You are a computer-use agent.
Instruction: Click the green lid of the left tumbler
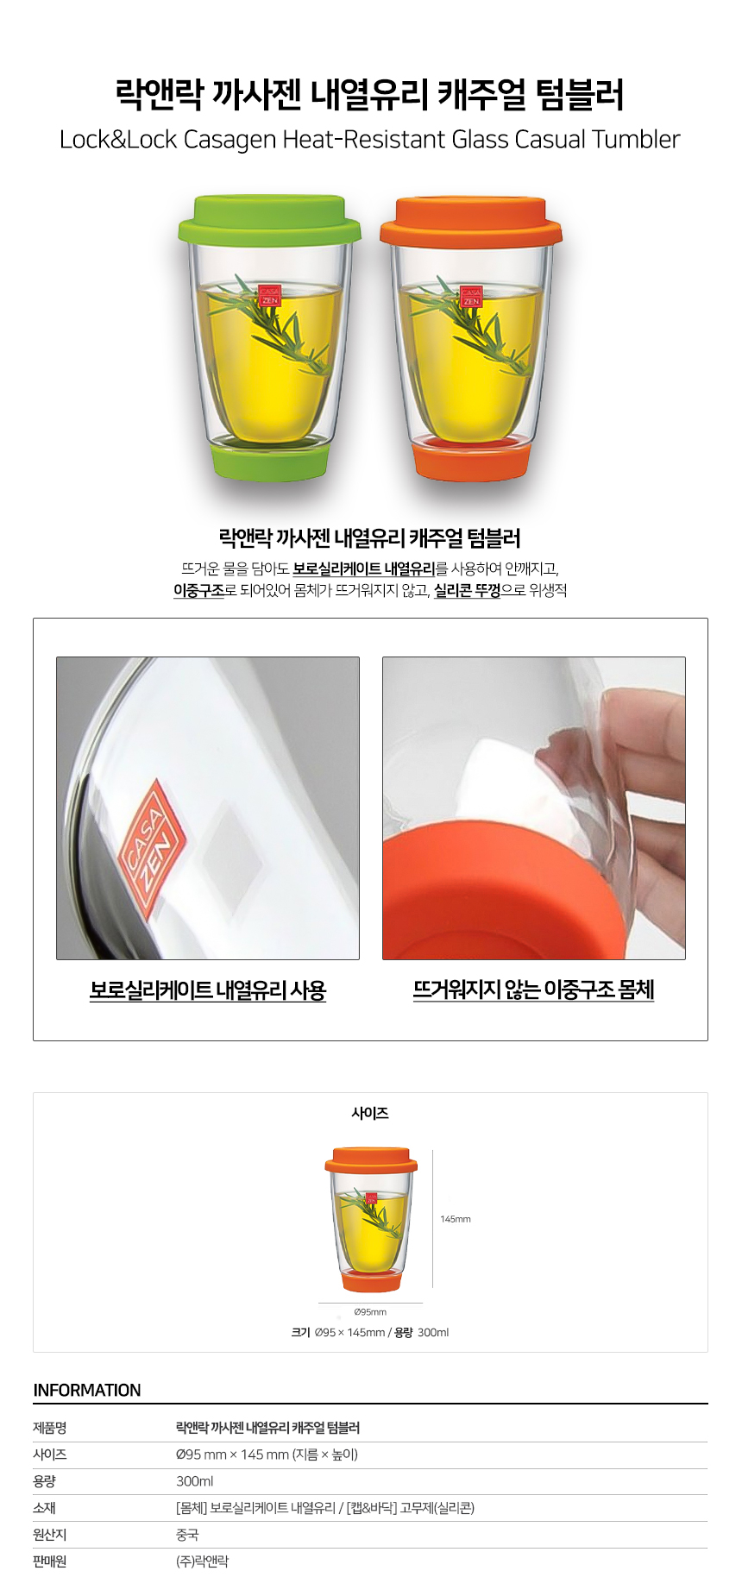(x=269, y=221)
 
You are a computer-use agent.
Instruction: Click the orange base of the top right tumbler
(x=470, y=461)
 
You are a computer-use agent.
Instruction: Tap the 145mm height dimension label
(x=456, y=1219)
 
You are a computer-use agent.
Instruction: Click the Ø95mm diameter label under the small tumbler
(x=370, y=1312)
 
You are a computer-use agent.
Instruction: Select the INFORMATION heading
(x=87, y=1391)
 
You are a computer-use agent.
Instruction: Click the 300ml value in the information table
(x=195, y=1481)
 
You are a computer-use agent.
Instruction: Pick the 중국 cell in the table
(x=187, y=1535)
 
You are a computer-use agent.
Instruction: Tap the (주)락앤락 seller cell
(x=203, y=1561)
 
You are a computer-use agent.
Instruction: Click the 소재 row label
(x=45, y=1508)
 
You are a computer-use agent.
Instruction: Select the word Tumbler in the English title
(x=636, y=139)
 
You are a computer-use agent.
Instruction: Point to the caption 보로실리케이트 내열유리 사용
(x=208, y=990)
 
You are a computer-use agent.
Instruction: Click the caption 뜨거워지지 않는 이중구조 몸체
(x=534, y=990)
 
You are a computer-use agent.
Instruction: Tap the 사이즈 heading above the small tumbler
(x=370, y=1114)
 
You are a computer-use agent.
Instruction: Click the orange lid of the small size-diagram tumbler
(x=371, y=1160)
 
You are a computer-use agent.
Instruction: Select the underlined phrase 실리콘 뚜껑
(x=467, y=591)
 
